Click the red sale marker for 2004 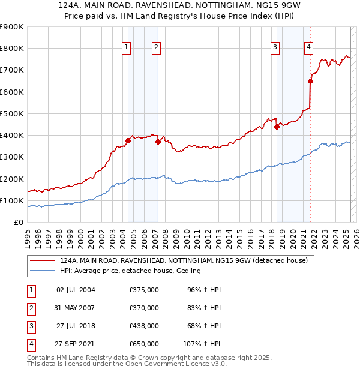coord(128,141)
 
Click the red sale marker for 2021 coord(311,81)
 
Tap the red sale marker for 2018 coord(277,127)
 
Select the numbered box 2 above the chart coord(156,48)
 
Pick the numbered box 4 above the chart coord(308,48)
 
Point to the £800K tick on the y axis coord(13,49)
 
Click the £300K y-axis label coord(13,157)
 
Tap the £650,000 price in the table coord(143,344)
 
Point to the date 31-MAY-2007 coord(75,308)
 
